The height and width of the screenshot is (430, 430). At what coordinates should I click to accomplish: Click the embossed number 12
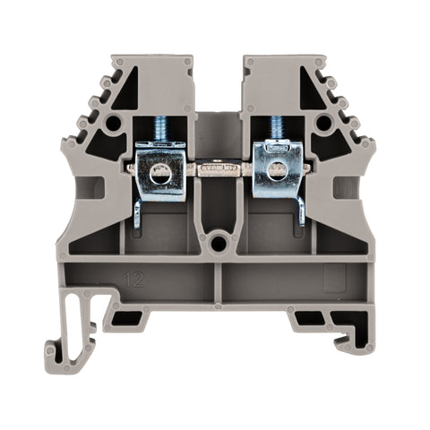click(x=134, y=279)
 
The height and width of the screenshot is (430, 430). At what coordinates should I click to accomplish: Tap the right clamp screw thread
click(x=276, y=128)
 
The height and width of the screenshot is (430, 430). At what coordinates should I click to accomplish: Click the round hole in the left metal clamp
click(x=160, y=176)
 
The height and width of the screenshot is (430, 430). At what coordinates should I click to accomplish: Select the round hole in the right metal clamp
click(x=277, y=173)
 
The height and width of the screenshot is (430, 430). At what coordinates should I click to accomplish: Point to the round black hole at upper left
click(x=113, y=124)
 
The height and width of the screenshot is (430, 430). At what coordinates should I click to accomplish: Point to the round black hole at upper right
click(x=324, y=124)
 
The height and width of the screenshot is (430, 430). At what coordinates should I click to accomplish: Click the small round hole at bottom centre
click(x=217, y=245)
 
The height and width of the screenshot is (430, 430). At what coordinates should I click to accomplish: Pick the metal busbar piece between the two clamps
click(x=219, y=168)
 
